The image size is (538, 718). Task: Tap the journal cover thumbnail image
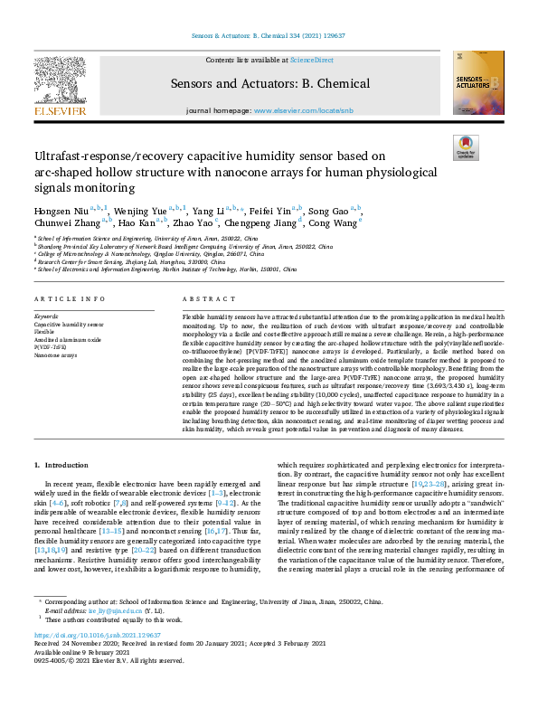(x=479, y=82)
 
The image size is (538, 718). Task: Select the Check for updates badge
(x=465, y=147)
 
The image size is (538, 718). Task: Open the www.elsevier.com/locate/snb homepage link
(x=302, y=110)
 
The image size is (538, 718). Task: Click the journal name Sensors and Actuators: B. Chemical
(x=269, y=84)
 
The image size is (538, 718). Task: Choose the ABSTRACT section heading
(x=201, y=298)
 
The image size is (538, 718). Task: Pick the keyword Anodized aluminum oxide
(x=67, y=338)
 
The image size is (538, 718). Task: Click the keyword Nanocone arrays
(x=56, y=354)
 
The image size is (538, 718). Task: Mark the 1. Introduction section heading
(x=61, y=464)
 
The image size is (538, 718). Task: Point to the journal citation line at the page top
(x=269, y=36)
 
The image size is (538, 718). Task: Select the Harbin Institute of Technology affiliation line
(x=166, y=269)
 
